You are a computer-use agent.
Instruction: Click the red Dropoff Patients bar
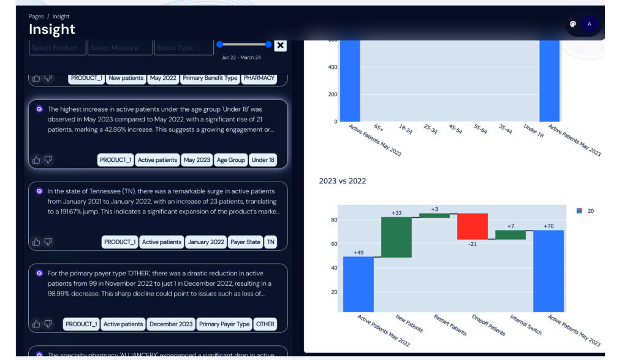coord(472,226)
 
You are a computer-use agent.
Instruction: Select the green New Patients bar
coord(396,237)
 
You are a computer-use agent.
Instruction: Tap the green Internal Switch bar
coord(510,234)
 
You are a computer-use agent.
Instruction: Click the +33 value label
coord(396,213)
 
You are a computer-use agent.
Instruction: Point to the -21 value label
coord(472,244)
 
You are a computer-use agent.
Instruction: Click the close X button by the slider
coord(280,45)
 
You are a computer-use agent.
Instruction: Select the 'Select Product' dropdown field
coord(57,48)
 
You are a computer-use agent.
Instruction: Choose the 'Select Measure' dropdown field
coord(119,48)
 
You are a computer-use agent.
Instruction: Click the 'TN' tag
coord(271,242)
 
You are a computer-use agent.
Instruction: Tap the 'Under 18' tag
coord(263,160)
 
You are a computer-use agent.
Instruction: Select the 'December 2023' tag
coord(171,324)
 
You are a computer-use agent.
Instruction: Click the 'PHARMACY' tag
coord(259,79)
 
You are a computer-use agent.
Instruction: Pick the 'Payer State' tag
coord(245,242)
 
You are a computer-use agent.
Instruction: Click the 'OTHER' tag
coord(265,324)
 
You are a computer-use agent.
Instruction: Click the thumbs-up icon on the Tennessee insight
coord(36,242)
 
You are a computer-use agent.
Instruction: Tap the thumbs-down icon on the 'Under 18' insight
coord(48,160)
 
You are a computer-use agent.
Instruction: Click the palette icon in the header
coord(573,25)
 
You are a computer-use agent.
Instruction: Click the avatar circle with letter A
coord(589,25)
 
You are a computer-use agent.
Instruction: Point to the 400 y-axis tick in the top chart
coord(332,67)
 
